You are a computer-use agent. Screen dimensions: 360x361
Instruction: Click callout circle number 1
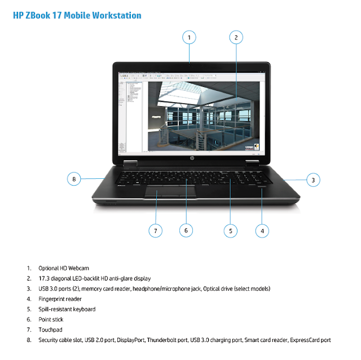pos(190,38)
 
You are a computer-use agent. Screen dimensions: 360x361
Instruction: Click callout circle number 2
pos(236,38)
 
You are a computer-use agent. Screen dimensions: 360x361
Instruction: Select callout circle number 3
pos(314,181)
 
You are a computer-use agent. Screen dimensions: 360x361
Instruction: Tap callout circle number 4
pos(262,230)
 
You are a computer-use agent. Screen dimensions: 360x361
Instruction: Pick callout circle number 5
pos(230,230)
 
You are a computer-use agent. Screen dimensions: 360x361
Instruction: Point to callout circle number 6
pos(186,230)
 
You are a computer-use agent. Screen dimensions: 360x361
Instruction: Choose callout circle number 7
pos(155,230)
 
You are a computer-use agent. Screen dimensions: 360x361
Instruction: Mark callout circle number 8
pos(74,179)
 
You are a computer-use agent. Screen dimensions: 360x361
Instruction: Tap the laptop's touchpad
pos(170,192)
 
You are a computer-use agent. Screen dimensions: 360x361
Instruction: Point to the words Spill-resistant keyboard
pos(67,309)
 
